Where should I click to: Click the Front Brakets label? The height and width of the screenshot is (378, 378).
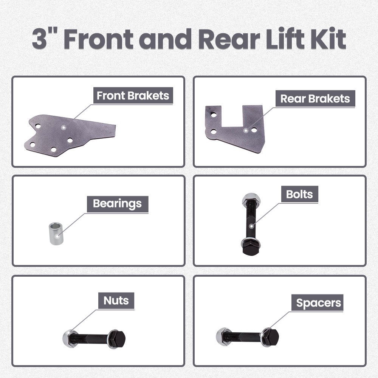[133, 96]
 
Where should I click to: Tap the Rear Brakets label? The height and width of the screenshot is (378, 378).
[315, 99]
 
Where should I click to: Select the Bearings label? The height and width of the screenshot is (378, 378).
[117, 204]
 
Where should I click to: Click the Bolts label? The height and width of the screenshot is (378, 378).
[299, 194]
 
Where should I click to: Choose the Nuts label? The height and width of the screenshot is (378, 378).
[116, 301]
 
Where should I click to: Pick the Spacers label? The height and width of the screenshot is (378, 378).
[318, 303]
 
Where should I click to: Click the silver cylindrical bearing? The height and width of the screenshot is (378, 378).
[56, 234]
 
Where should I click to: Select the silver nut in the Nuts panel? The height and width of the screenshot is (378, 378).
[70, 338]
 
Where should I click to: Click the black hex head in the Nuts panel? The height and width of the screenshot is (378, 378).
[118, 338]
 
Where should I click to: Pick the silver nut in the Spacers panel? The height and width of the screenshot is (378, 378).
[223, 336]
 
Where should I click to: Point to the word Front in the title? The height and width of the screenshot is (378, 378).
[100, 40]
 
